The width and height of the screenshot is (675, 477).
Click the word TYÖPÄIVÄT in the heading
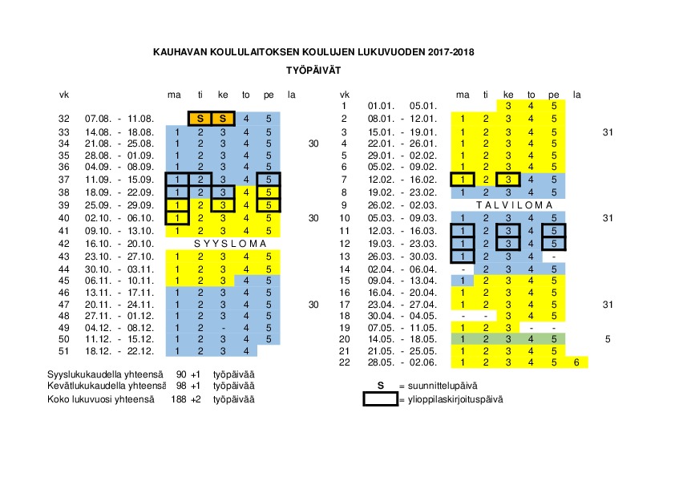pos(314,70)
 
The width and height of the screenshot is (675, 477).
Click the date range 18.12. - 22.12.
pos(113,351)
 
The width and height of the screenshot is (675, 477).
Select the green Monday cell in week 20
pos(463,339)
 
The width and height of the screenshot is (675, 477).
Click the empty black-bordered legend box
pos(381,398)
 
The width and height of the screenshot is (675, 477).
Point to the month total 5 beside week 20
pos(608,339)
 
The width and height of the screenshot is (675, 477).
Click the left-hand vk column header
pos(65,95)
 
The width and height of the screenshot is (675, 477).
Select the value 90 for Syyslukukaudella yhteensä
pos(182,375)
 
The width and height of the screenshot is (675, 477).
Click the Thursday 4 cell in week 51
pos(245,351)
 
